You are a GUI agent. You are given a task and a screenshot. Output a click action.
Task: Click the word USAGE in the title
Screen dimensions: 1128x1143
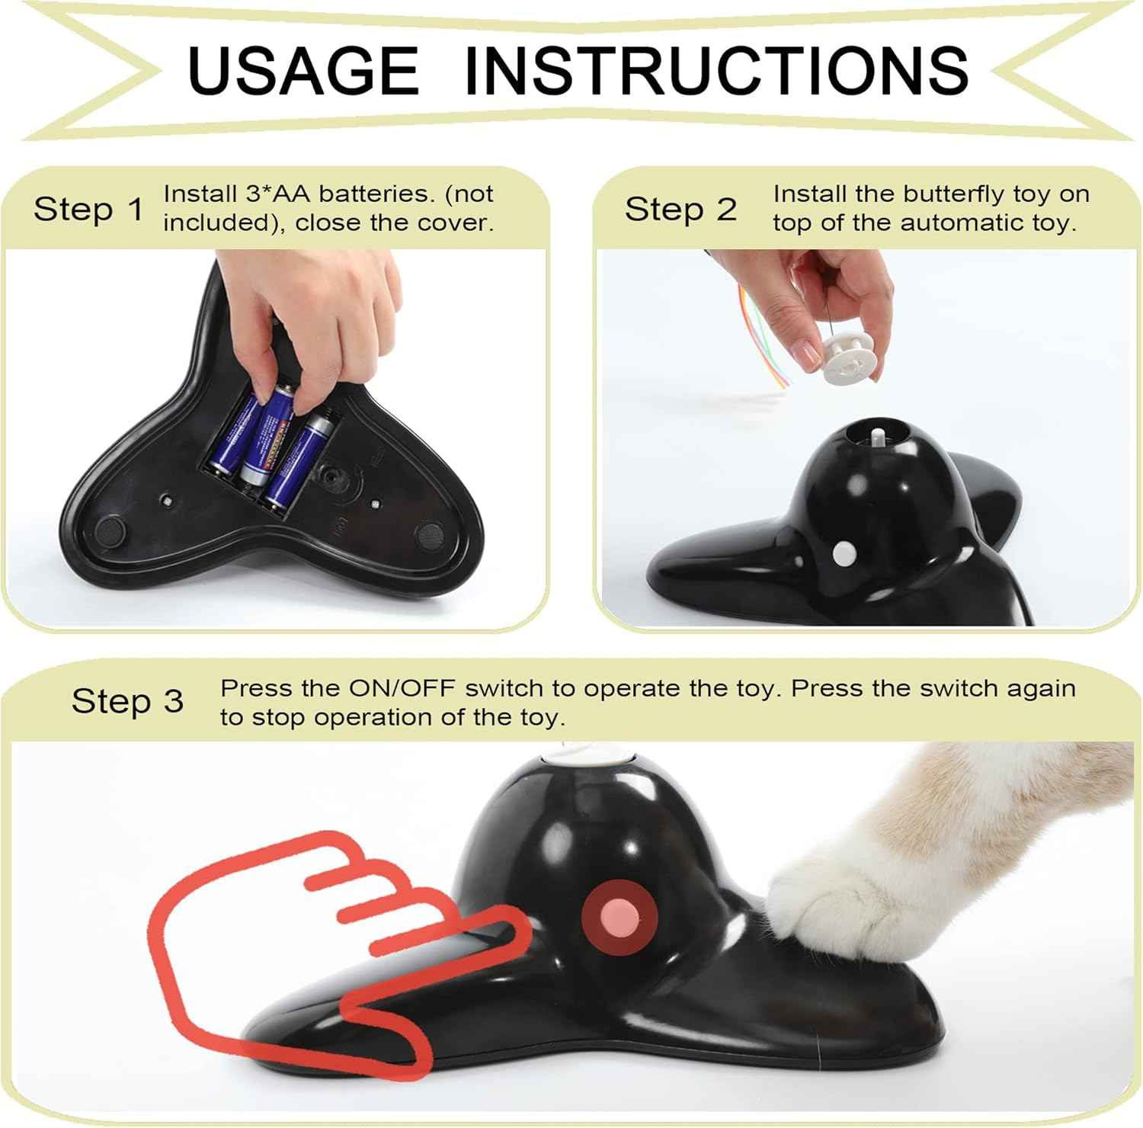303,70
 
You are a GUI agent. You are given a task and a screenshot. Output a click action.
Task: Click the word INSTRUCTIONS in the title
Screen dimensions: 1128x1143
716,70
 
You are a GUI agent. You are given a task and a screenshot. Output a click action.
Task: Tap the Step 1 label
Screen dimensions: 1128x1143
88,209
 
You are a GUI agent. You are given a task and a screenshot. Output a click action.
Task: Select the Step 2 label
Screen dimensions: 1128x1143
680,209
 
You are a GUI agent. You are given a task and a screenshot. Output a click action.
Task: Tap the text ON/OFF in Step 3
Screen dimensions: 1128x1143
402,688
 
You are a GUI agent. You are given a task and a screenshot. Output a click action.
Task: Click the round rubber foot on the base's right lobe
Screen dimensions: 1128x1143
431,536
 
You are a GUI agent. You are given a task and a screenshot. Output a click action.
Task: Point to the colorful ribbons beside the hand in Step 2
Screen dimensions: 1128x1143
762,335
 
